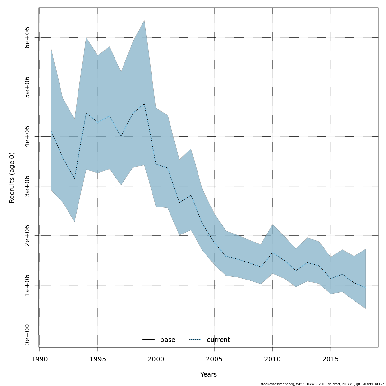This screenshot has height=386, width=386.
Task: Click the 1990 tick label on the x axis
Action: (40, 359)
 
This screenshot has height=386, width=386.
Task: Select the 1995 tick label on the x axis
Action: (98, 359)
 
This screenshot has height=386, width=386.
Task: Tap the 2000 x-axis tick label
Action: (156, 359)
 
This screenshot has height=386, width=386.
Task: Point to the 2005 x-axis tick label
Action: (214, 359)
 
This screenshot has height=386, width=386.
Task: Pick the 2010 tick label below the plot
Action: (272, 359)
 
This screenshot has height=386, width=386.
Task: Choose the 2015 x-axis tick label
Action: (331, 359)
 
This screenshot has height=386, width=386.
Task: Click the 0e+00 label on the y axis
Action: (27, 335)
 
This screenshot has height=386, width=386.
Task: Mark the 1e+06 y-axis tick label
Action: (27, 285)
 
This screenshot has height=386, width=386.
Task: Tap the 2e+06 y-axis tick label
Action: (27, 236)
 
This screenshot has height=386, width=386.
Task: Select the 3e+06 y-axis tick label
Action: (27, 186)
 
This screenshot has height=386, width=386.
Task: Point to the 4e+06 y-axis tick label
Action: (27, 137)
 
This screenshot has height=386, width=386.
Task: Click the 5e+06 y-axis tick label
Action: (27, 87)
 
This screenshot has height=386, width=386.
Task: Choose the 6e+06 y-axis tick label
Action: (27, 38)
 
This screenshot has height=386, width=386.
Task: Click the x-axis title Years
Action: (208, 375)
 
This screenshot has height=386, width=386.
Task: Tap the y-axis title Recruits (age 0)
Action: (12, 178)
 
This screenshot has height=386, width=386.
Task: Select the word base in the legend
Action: (168, 340)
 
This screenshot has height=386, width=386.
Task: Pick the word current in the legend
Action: (218, 340)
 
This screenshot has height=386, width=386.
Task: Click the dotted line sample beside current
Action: (195, 340)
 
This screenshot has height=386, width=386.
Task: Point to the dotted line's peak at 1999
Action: (144, 104)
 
